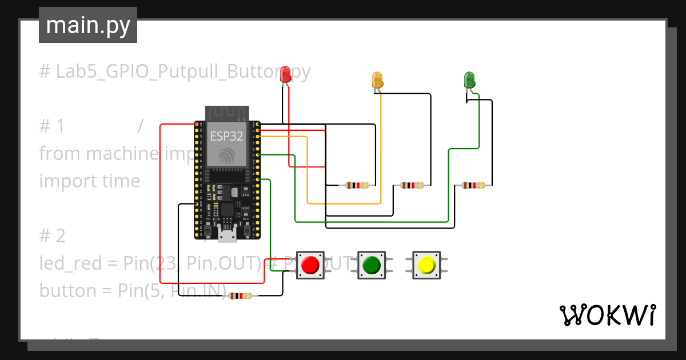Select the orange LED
[377, 79]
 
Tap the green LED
[469, 79]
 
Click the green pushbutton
[372, 265]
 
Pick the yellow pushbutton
[426, 265]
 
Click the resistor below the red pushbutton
[240, 296]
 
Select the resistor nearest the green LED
[473, 185]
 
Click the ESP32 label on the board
[226, 136]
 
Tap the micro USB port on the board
[227, 234]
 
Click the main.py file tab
[88, 25]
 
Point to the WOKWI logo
[607, 315]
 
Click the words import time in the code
[90, 181]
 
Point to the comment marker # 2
[52, 236]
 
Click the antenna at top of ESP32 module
[227, 113]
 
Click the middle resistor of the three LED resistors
[412, 185]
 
